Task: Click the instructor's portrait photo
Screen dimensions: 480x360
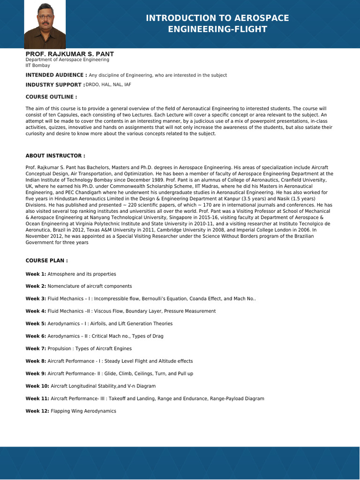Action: [45, 24]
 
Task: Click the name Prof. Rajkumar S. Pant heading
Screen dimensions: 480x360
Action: [69, 54]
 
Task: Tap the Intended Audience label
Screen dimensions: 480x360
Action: [56, 75]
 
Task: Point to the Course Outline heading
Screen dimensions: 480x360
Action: [51, 97]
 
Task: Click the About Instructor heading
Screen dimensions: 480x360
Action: [55, 155]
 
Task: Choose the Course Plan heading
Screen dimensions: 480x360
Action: [47, 260]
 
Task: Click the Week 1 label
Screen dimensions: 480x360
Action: [36, 274]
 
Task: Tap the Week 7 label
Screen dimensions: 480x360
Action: [36, 349]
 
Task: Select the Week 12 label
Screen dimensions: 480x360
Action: [37, 411]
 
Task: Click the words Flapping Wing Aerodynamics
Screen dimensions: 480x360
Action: [83, 411]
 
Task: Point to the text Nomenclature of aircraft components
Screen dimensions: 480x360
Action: [90, 286]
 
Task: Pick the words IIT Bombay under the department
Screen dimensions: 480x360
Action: [37, 65]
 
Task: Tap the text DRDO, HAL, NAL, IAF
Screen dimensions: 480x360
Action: [108, 84]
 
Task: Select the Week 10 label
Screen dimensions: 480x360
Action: [37, 386]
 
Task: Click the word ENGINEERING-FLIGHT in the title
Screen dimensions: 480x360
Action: [217, 30]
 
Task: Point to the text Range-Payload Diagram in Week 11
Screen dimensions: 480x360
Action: [238, 398]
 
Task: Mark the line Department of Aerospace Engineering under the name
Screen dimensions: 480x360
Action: [67, 60]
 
